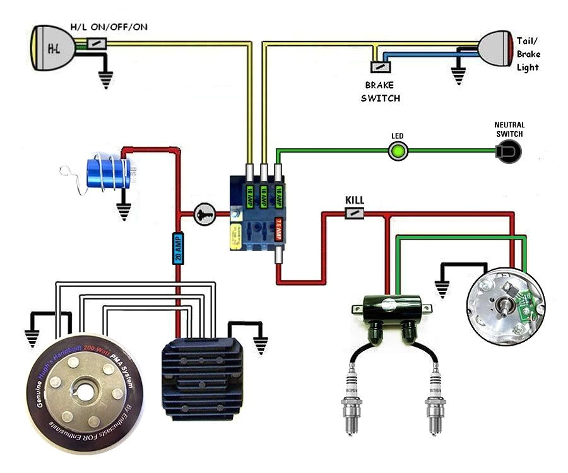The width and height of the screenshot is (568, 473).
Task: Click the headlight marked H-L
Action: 50,47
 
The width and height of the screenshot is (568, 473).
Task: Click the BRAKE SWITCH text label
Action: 380,91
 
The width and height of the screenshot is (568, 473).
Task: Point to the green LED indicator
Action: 398,151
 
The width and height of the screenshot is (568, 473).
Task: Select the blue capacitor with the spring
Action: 110,172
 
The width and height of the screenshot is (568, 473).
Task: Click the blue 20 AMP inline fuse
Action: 178,248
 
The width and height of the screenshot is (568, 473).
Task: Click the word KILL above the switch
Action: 355,200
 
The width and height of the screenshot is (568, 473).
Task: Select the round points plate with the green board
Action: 504,303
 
